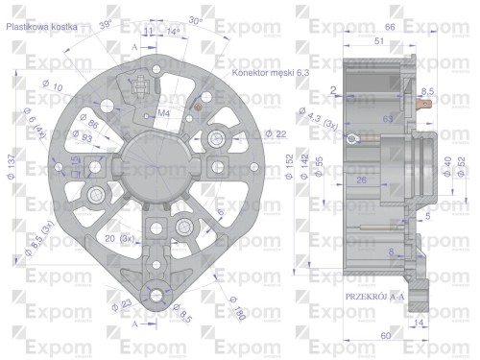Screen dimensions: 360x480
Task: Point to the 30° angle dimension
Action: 196,20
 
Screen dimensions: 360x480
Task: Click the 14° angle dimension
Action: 173,32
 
